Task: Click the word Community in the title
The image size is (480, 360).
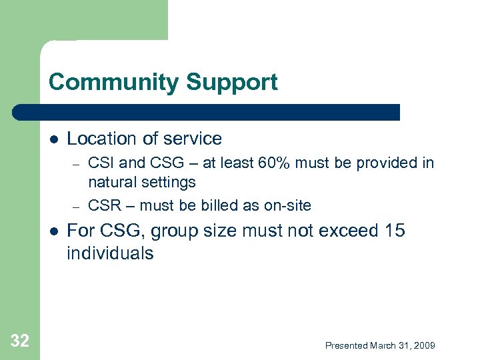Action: [x=114, y=83]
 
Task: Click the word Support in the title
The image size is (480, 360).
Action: [x=232, y=83]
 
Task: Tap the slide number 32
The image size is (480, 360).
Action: [x=20, y=341]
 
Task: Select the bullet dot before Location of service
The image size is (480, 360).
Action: [x=53, y=139]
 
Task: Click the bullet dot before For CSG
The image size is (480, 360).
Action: [x=53, y=231]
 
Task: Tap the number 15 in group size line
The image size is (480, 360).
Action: [x=394, y=231]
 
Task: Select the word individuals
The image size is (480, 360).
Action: [x=110, y=253]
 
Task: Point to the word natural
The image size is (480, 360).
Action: [x=112, y=182]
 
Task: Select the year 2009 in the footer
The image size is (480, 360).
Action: [x=424, y=345]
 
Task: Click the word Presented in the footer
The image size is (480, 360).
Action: [x=347, y=345]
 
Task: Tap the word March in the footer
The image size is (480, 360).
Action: [x=383, y=345]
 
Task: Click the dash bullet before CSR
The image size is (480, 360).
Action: [x=77, y=205]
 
